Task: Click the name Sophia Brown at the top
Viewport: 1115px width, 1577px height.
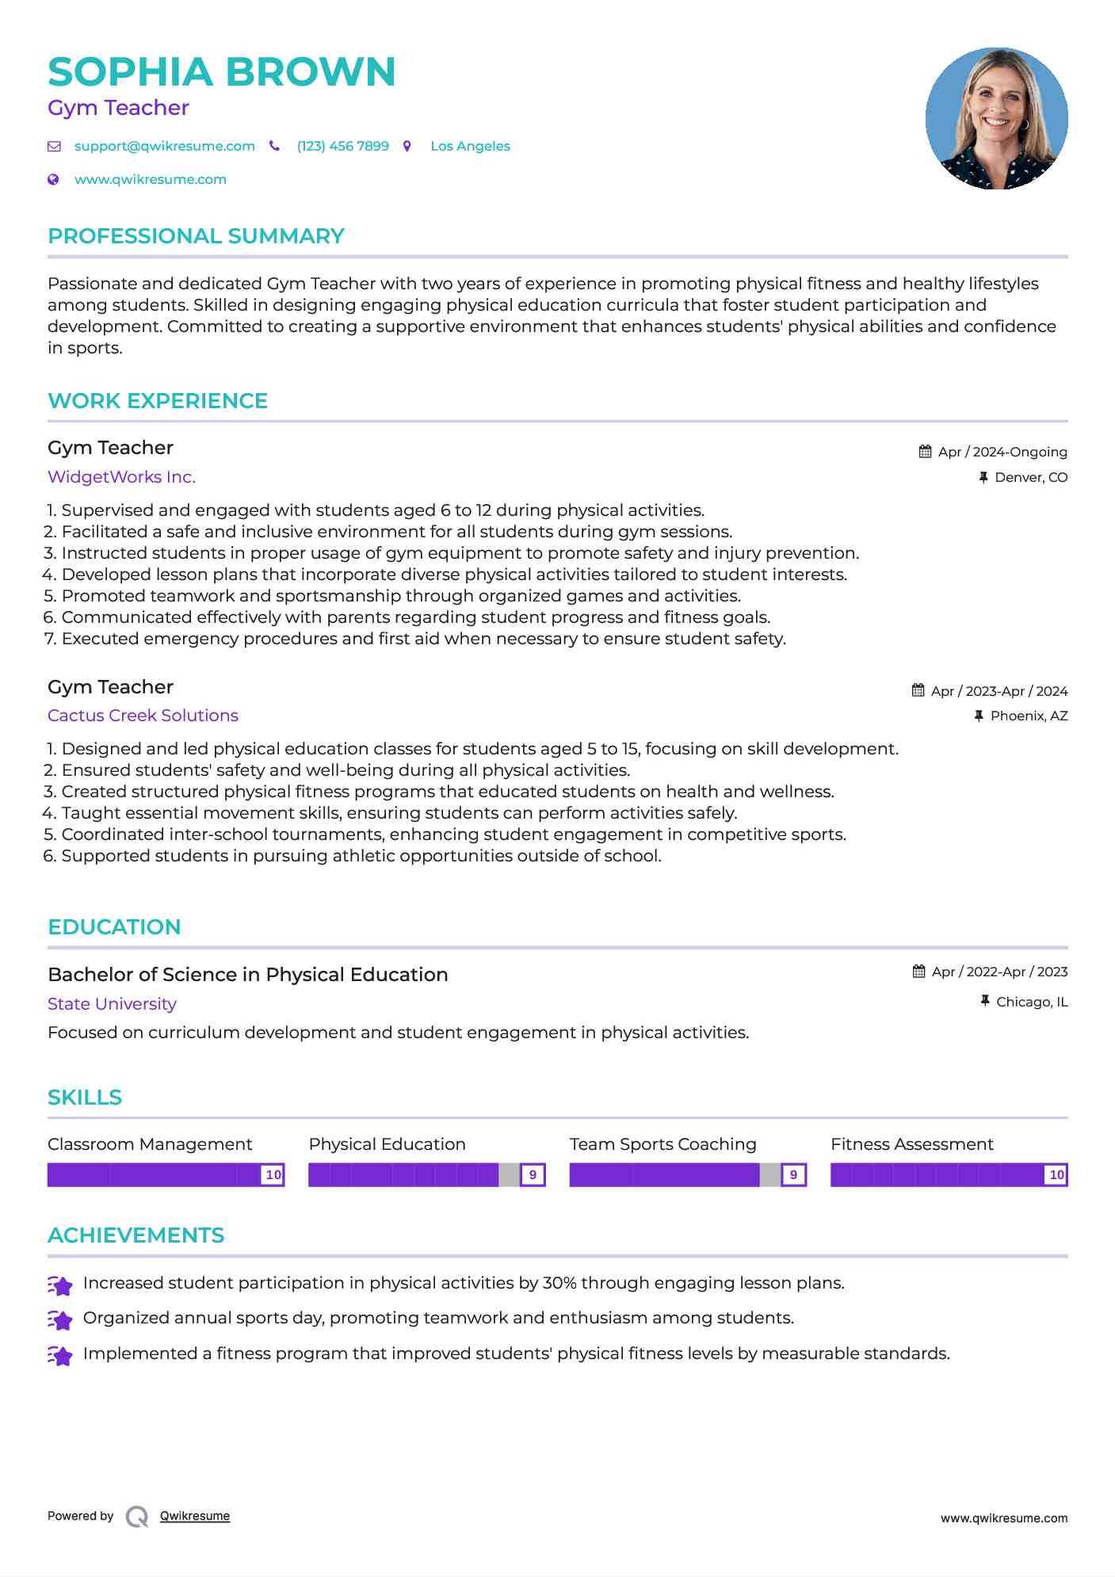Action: click(x=221, y=71)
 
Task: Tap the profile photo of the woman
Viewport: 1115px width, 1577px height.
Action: click(x=996, y=118)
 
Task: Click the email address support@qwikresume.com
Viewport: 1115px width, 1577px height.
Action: click(x=164, y=146)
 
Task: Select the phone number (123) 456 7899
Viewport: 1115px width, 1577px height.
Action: click(x=342, y=146)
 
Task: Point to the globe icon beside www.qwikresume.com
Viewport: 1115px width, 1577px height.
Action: click(x=53, y=179)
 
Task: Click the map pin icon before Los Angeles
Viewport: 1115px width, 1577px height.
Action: click(x=407, y=146)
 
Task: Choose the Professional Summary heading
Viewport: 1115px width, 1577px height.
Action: click(x=196, y=236)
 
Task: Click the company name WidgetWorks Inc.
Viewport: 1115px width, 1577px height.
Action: click(x=121, y=477)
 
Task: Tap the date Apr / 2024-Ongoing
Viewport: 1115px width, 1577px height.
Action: click(x=1002, y=452)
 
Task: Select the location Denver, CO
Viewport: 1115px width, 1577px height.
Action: click(x=1030, y=477)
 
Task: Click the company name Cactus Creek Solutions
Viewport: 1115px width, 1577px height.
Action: click(x=143, y=716)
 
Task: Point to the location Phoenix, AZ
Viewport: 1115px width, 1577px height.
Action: click(x=1029, y=716)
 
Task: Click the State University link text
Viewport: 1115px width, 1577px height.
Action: click(x=112, y=1004)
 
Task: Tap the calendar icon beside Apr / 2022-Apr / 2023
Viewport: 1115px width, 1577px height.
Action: click(x=918, y=972)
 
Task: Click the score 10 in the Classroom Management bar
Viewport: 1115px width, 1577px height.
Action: click(x=273, y=1174)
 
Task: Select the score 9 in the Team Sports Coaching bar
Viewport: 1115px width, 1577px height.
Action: click(x=793, y=1174)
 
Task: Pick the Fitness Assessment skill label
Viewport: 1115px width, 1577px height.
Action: click(x=911, y=1144)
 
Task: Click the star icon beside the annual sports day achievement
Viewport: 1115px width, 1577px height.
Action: click(x=59, y=1319)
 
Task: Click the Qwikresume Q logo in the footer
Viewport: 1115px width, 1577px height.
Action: click(x=137, y=1517)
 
